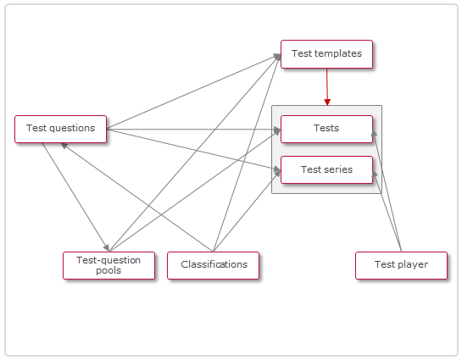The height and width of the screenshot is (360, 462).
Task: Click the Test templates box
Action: click(x=326, y=53)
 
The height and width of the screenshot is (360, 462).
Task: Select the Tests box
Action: click(x=326, y=129)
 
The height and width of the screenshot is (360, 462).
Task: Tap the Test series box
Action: click(x=326, y=169)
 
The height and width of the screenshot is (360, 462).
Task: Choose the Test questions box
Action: click(x=60, y=129)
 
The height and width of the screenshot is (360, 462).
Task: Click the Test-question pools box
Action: click(x=109, y=265)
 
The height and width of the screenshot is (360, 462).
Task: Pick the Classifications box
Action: click(x=213, y=265)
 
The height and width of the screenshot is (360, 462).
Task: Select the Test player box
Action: click(x=400, y=265)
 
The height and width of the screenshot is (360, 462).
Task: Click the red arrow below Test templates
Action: click(x=326, y=85)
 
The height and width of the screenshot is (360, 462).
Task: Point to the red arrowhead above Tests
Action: click(x=327, y=101)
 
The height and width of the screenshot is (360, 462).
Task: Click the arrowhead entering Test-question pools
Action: click(x=105, y=246)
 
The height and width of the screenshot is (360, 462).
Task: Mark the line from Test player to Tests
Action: click(x=387, y=191)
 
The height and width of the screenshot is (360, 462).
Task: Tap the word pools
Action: click(x=109, y=271)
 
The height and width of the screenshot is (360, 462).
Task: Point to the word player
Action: click(x=412, y=265)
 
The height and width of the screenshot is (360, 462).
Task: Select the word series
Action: click(x=338, y=169)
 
